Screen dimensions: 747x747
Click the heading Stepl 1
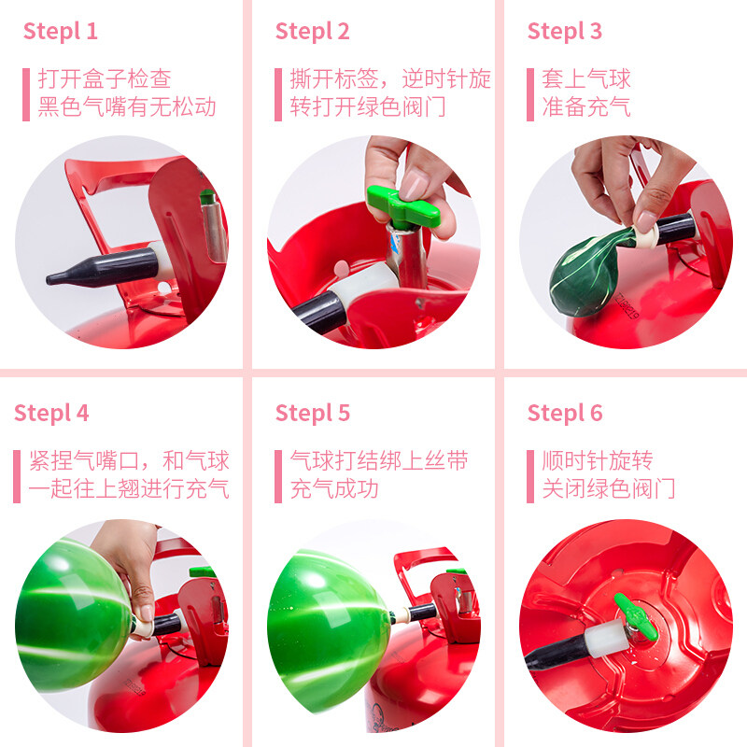(x=61, y=32)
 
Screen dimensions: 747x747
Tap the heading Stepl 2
(x=313, y=32)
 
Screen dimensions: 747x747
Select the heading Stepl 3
(x=565, y=32)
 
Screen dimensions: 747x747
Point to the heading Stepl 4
(x=51, y=414)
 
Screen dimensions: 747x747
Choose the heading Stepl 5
(x=313, y=414)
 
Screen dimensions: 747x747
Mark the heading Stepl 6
(x=565, y=414)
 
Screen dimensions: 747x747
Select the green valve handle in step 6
(x=637, y=617)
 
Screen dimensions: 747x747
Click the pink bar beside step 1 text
(x=26, y=94)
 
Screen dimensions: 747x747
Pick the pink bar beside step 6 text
(x=530, y=476)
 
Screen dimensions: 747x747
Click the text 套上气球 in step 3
(x=586, y=79)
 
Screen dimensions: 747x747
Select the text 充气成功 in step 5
(x=334, y=489)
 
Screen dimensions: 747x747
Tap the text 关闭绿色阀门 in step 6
(x=609, y=489)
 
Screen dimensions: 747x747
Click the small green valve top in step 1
(x=207, y=196)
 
